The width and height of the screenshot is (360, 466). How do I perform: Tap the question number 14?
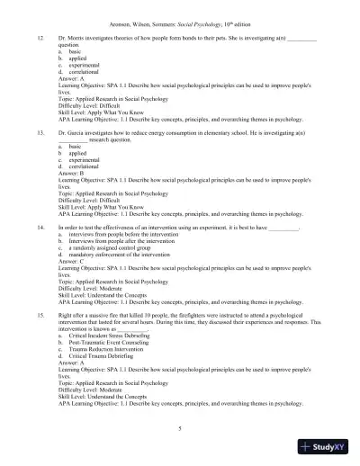39,229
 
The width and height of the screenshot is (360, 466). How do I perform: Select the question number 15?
39,317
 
